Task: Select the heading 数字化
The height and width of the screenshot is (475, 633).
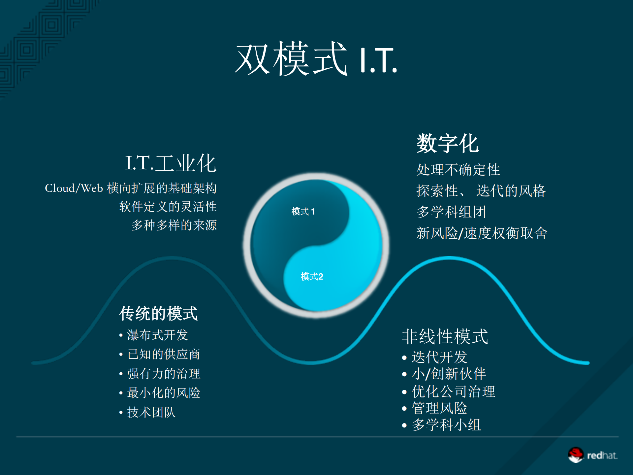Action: pyautogui.click(x=448, y=144)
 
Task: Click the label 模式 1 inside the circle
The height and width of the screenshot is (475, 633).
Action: pyautogui.click(x=303, y=212)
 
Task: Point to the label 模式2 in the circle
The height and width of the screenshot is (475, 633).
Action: pyautogui.click(x=312, y=277)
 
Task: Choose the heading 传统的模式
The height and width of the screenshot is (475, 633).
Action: pyautogui.click(x=158, y=313)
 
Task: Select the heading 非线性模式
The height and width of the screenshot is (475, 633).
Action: pyautogui.click(x=445, y=337)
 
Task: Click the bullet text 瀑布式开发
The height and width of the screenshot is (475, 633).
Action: pyautogui.click(x=157, y=335)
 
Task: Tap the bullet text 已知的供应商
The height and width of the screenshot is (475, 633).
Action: pyautogui.click(x=164, y=354)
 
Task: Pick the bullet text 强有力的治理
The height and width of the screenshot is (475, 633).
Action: pyautogui.click(x=164, y=374)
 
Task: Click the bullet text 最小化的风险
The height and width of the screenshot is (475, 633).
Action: pyautogui.click(x=164, y=393)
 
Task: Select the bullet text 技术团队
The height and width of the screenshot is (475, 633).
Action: pyautogui.click(x=151, y=412)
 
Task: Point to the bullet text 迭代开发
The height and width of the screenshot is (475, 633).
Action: pyautogui.click(x=439, y=357)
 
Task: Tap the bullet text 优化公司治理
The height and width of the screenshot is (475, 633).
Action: pyautogui.click(x=454, y=392)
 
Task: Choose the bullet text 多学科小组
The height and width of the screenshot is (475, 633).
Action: pyautogui.click(x=446, y=425)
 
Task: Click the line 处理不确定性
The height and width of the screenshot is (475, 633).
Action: pyautogui.click(x=458, y=170)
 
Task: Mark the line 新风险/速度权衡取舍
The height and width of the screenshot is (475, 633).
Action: pyautogui.click(x=482, y=233)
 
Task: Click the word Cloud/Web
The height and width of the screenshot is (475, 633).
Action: pyautogui.click(x=74, y=188)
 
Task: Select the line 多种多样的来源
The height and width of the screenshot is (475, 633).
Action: pyautogui.click(x=174, y=225)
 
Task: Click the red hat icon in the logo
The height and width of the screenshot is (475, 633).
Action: pyautogui.click(x=576, y=455)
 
